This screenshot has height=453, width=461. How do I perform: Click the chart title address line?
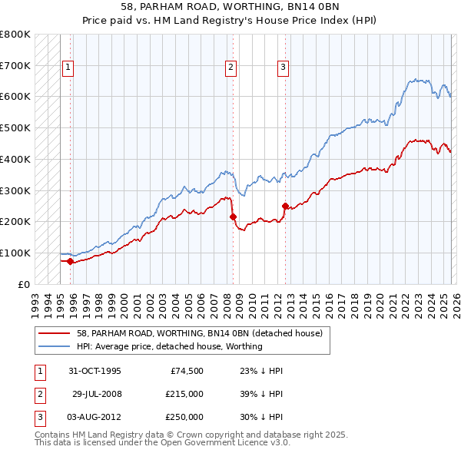pyautogui.click(x=231, y=6)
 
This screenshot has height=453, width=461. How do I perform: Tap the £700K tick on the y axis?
pyautogui.click(x=15, y=65)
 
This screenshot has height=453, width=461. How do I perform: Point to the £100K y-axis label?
pyautogui.click(x=15, y=253)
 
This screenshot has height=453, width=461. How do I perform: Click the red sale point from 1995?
pyautogui.click(x=70, y=261)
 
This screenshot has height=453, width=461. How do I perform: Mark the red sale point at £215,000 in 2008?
pyautogui.click(x=233, y=217)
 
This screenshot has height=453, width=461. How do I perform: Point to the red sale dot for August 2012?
pyautogui.click(x=285, y=206)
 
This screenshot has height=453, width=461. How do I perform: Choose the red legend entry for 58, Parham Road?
pyautogui.click(x=204, y=333)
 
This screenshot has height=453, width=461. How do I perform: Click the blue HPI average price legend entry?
pyautogui.click(x=169, y=346)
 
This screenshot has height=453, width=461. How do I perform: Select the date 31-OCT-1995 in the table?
pyautogui.click(x=95, y=371)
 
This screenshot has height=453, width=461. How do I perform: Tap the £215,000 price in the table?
pyautogui.click(x=184, y=394)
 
